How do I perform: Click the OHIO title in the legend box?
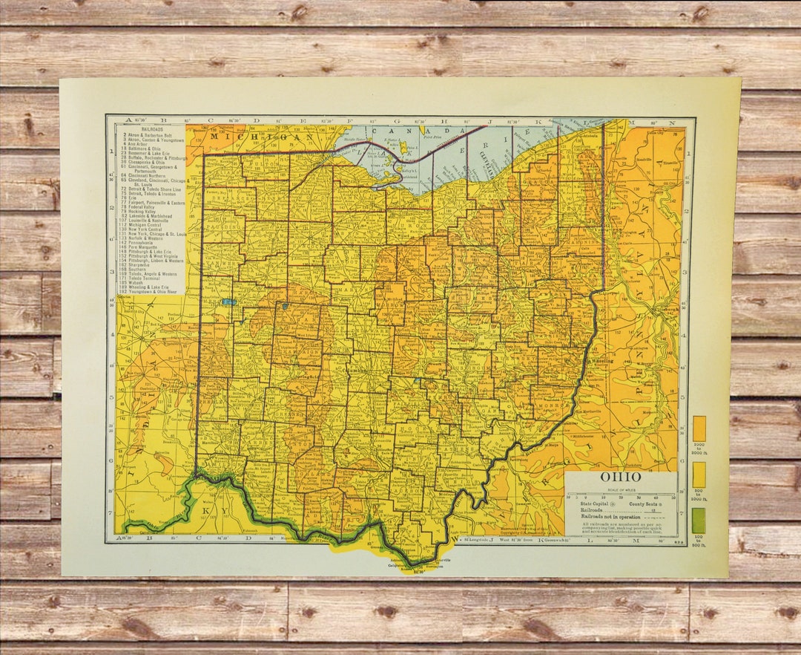(620, 477)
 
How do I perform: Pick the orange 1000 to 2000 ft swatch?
(699, 428)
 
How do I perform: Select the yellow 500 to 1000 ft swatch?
(699, 475)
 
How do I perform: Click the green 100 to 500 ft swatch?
(699, 521)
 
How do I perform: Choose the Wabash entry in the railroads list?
(139, 282)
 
